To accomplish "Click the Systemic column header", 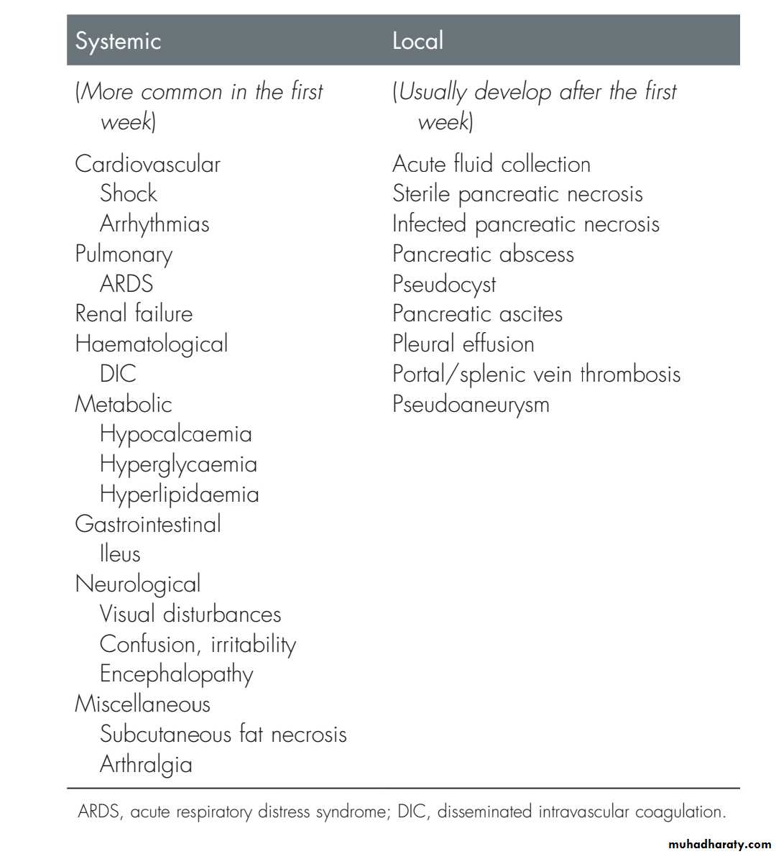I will tap(118, 40).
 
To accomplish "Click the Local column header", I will tap(417, 40).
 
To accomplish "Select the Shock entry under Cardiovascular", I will tap(128, 193).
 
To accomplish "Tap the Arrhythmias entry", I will tap(154, 224).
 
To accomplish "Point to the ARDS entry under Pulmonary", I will tap(126, 283).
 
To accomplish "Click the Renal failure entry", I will tap(134, 313).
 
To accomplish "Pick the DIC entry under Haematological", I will tap(118, 374).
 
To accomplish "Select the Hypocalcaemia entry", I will tap(176, 434).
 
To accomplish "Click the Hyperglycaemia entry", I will tap(178, 464).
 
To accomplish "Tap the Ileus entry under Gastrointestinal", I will tap(120, 554).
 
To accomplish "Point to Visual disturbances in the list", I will tap(190, 614).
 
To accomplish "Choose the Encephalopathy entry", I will tap(177, 674).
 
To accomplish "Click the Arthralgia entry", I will tap(146, 764).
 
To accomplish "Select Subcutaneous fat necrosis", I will tap(223, 734).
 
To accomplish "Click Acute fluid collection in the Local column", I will tap(491, 164).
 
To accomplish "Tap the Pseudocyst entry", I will tap(444, 284).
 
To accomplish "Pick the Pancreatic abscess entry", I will tap(483, 254).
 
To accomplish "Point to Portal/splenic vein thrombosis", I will tap(536, 374).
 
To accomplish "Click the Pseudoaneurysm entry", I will tap(471, 404).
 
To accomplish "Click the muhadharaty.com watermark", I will tap(719, 844).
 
